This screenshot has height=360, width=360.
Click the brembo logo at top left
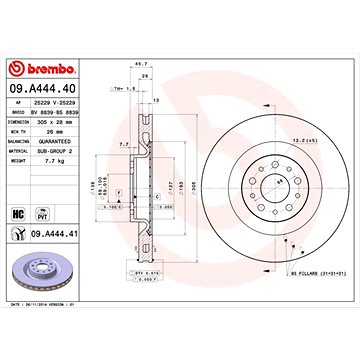pyautogui.click(x=43, y=68)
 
